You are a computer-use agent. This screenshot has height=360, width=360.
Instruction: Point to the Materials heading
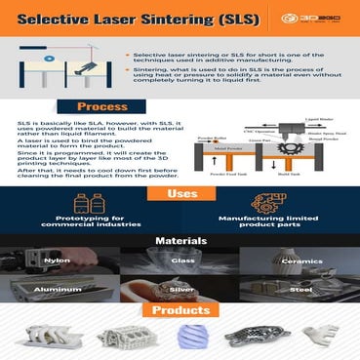click(180, 240)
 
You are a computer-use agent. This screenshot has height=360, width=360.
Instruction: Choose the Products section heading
click(180, 311)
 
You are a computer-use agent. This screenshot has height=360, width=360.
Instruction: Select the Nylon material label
click(58, 261)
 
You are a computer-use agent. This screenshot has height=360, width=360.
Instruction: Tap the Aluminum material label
click(58, 291)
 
